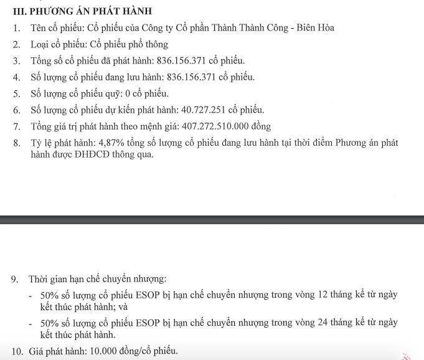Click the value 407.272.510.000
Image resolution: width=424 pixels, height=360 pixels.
(x=215, y=126)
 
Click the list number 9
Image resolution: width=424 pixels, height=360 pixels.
(x=14, y=279)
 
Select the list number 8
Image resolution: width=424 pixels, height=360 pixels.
(x=16, y=143)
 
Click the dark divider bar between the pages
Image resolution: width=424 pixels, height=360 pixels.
(x=212, y=219)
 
